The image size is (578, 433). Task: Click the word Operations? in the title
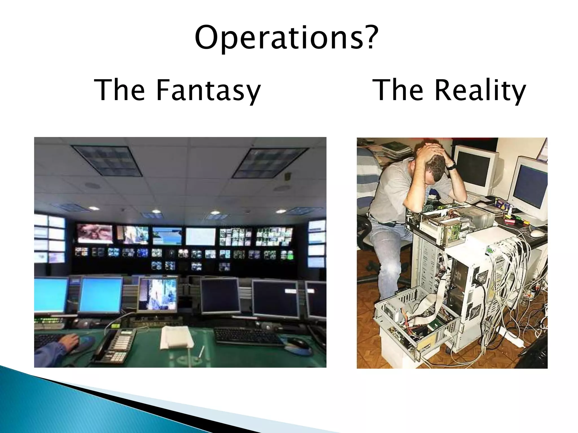(286, 37)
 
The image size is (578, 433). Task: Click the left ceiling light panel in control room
(107, 160)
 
